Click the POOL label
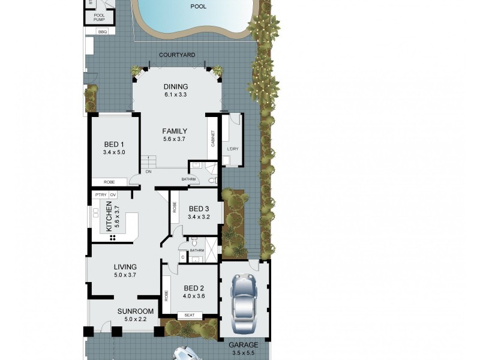pos(198,7)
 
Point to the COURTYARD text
pos(177,55)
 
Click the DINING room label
pos(176,86)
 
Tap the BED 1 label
pos(114,144)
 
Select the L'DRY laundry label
pos(233,148)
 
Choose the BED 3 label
pos(199,209)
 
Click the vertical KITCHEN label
pos(109,217)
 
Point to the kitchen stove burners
pos(112,238)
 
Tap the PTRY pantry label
pos(100,195)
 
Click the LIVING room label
pos(125,267)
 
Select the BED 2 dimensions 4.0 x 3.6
pos(194,295)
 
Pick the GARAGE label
pos(243,345)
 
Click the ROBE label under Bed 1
pos(109,182)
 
